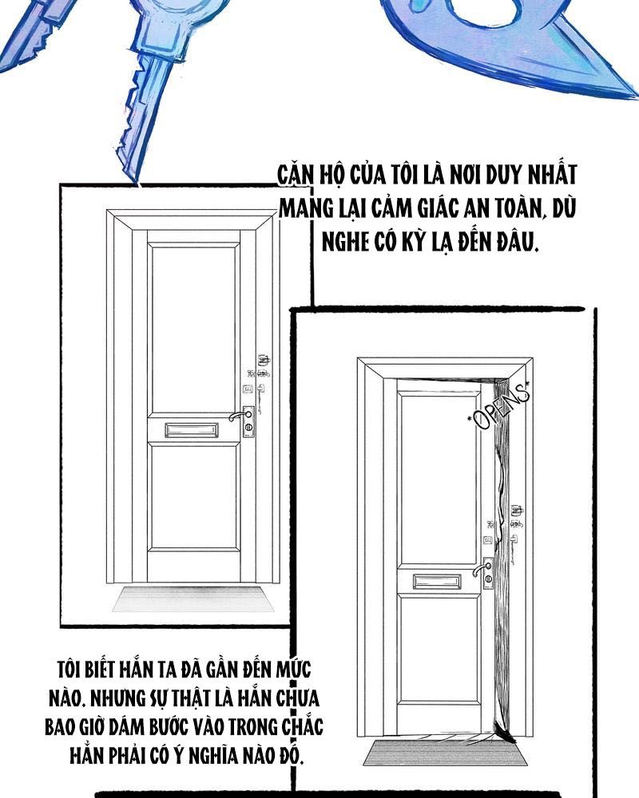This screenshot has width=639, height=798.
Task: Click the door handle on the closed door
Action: point(237,416)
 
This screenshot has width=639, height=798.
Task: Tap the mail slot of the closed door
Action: point(191,429)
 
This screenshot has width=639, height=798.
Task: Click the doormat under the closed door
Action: point(192,598)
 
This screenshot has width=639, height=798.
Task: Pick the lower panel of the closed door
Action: point(193,496)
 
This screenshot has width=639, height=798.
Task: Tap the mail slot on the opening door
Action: point(437,581)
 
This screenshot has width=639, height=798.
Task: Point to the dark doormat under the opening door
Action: point(445,753)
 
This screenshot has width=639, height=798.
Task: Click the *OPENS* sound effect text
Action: point(499,407)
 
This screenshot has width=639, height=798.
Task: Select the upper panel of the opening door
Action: point(439,478)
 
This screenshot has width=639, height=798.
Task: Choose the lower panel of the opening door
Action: point(439,650)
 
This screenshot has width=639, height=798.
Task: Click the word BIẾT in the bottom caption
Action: point(100,669)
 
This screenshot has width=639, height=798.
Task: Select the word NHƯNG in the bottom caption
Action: point(117,697)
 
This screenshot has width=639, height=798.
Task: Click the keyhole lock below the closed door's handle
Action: point(248,428)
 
